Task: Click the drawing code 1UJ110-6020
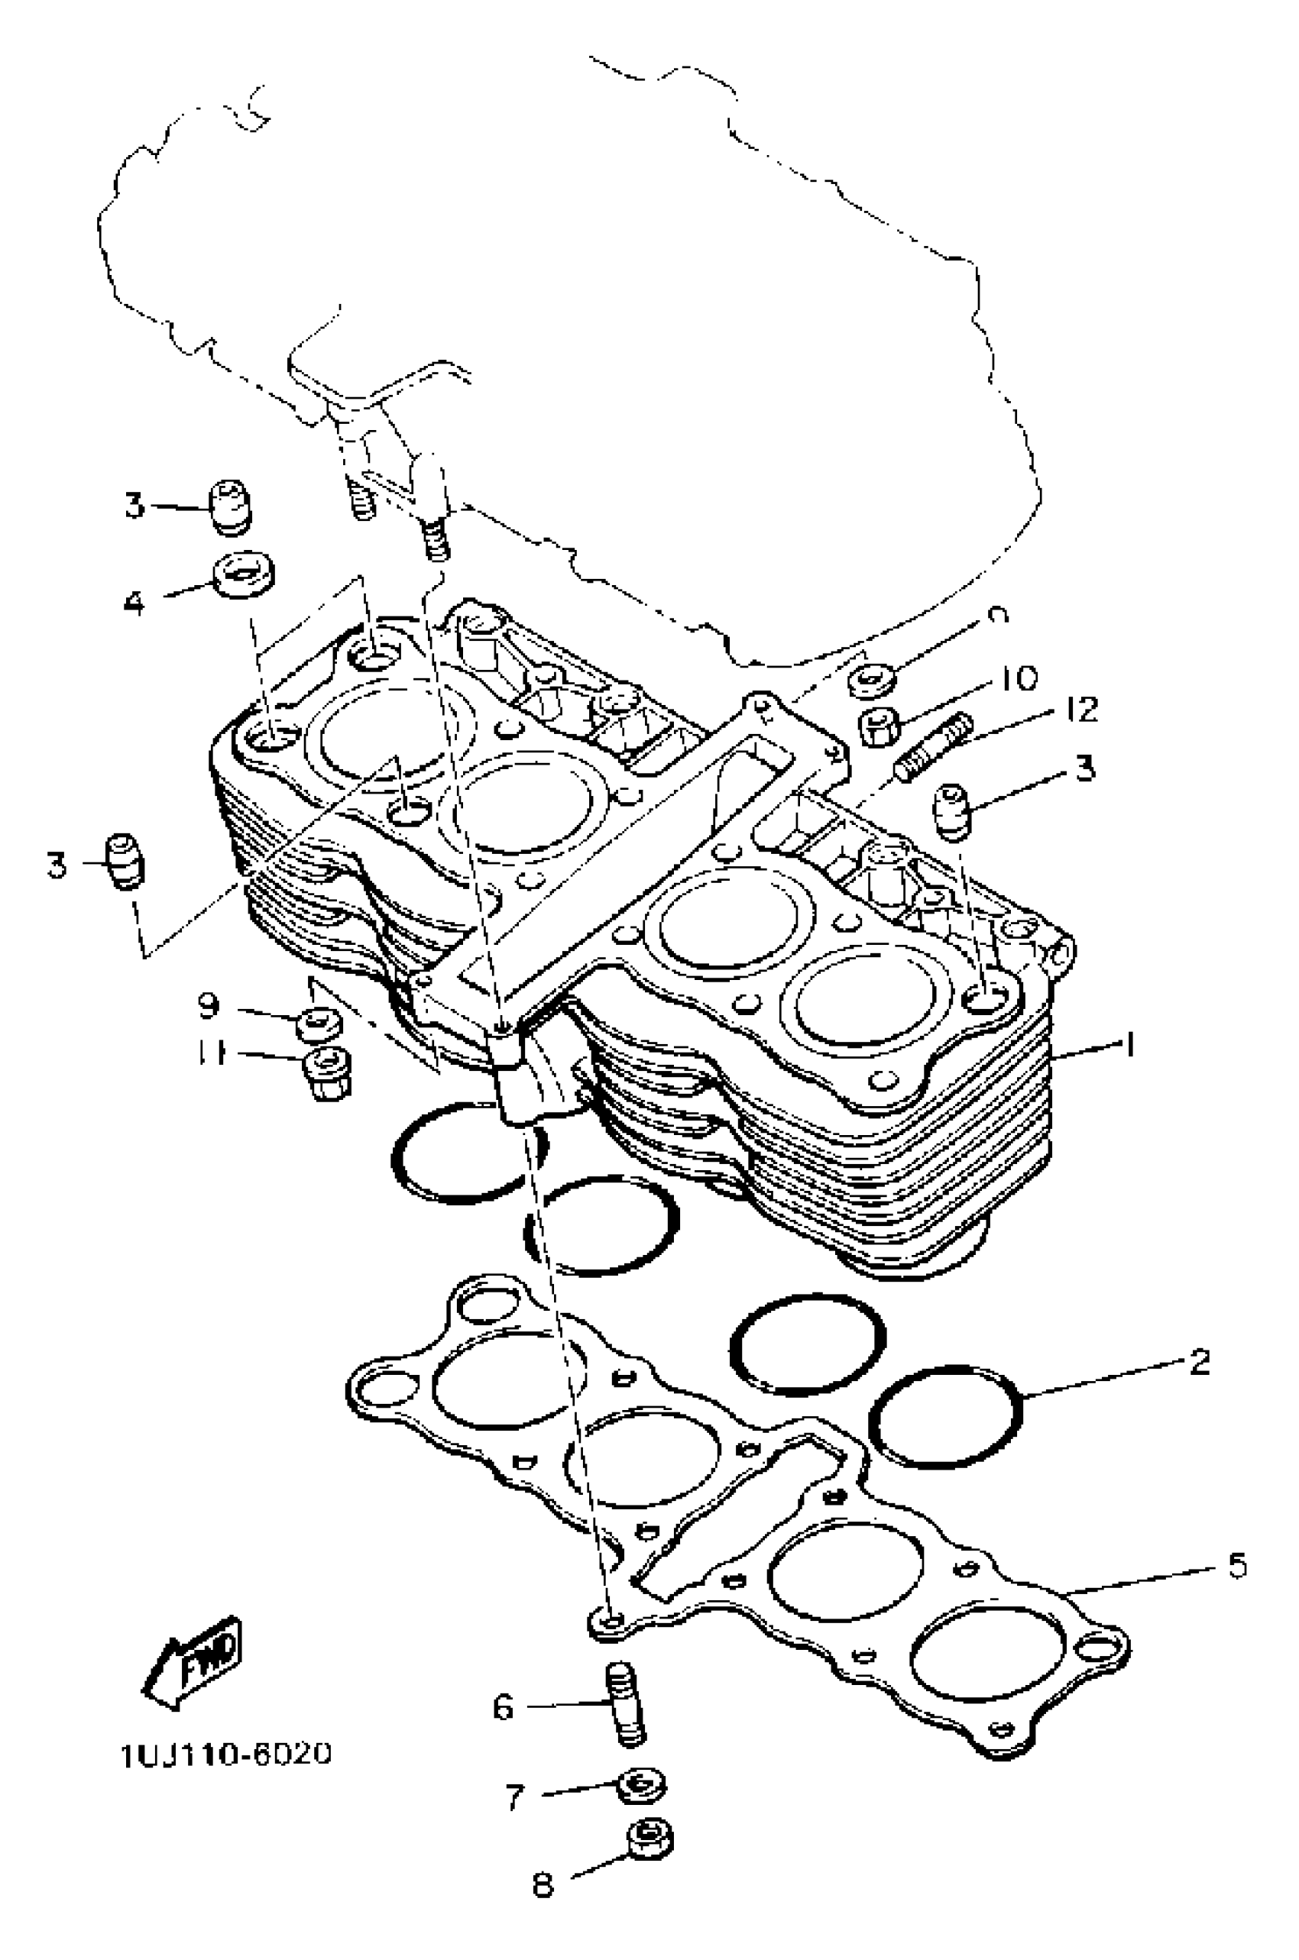tap(226, 1754)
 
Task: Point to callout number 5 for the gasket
tap(1236, 1566)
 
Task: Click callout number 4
tap(134, 602)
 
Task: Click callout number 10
tap(1017, 679)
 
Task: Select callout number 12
tap(1080, 709)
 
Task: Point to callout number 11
tap(212, 1055)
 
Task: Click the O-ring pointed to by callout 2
tap(944, 1416)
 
